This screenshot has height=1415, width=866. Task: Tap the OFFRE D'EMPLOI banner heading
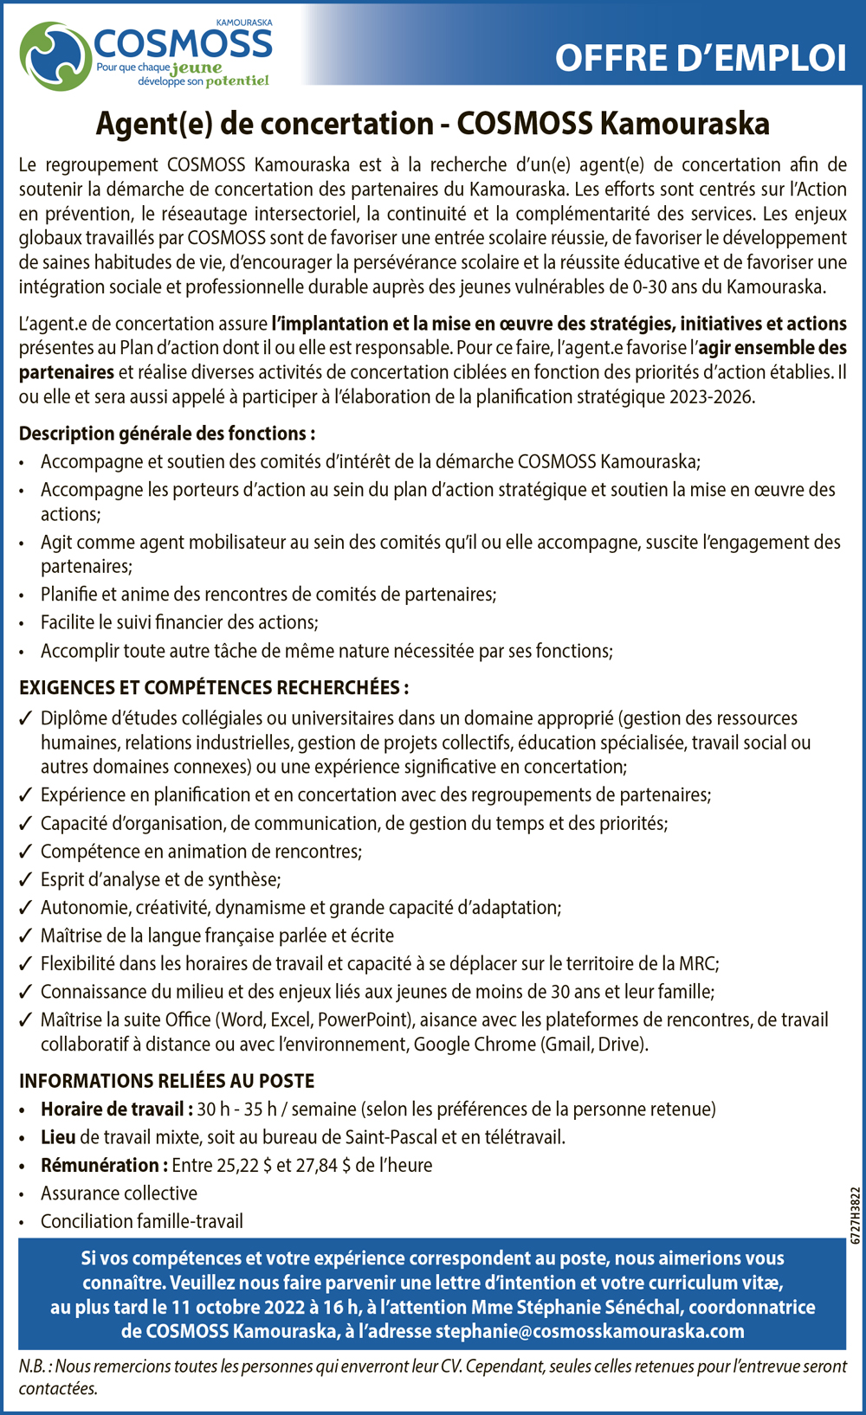click(700, 58)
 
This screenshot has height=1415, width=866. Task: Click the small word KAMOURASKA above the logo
click(244, 23)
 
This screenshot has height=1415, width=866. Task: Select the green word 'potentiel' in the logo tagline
click(237, 81)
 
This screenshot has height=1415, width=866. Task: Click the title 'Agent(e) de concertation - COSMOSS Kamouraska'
click(432, 124)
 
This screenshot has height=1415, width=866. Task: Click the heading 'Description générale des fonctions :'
click(167, 434)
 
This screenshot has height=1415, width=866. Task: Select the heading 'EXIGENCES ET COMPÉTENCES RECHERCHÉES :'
click(214, 688)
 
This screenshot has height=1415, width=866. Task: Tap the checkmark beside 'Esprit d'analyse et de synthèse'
click(26, 880)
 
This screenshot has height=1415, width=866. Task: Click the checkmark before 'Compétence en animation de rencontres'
click(26, 852)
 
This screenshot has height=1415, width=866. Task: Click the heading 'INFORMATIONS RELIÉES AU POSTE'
click(167, 1081)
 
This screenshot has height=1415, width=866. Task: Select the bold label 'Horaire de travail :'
click(117, 1109)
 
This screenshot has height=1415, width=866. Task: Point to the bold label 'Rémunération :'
click(104, 1166)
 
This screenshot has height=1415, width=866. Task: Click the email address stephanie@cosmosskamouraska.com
click(590, 1331)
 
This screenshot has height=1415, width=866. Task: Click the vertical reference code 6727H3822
click(856, 1215)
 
